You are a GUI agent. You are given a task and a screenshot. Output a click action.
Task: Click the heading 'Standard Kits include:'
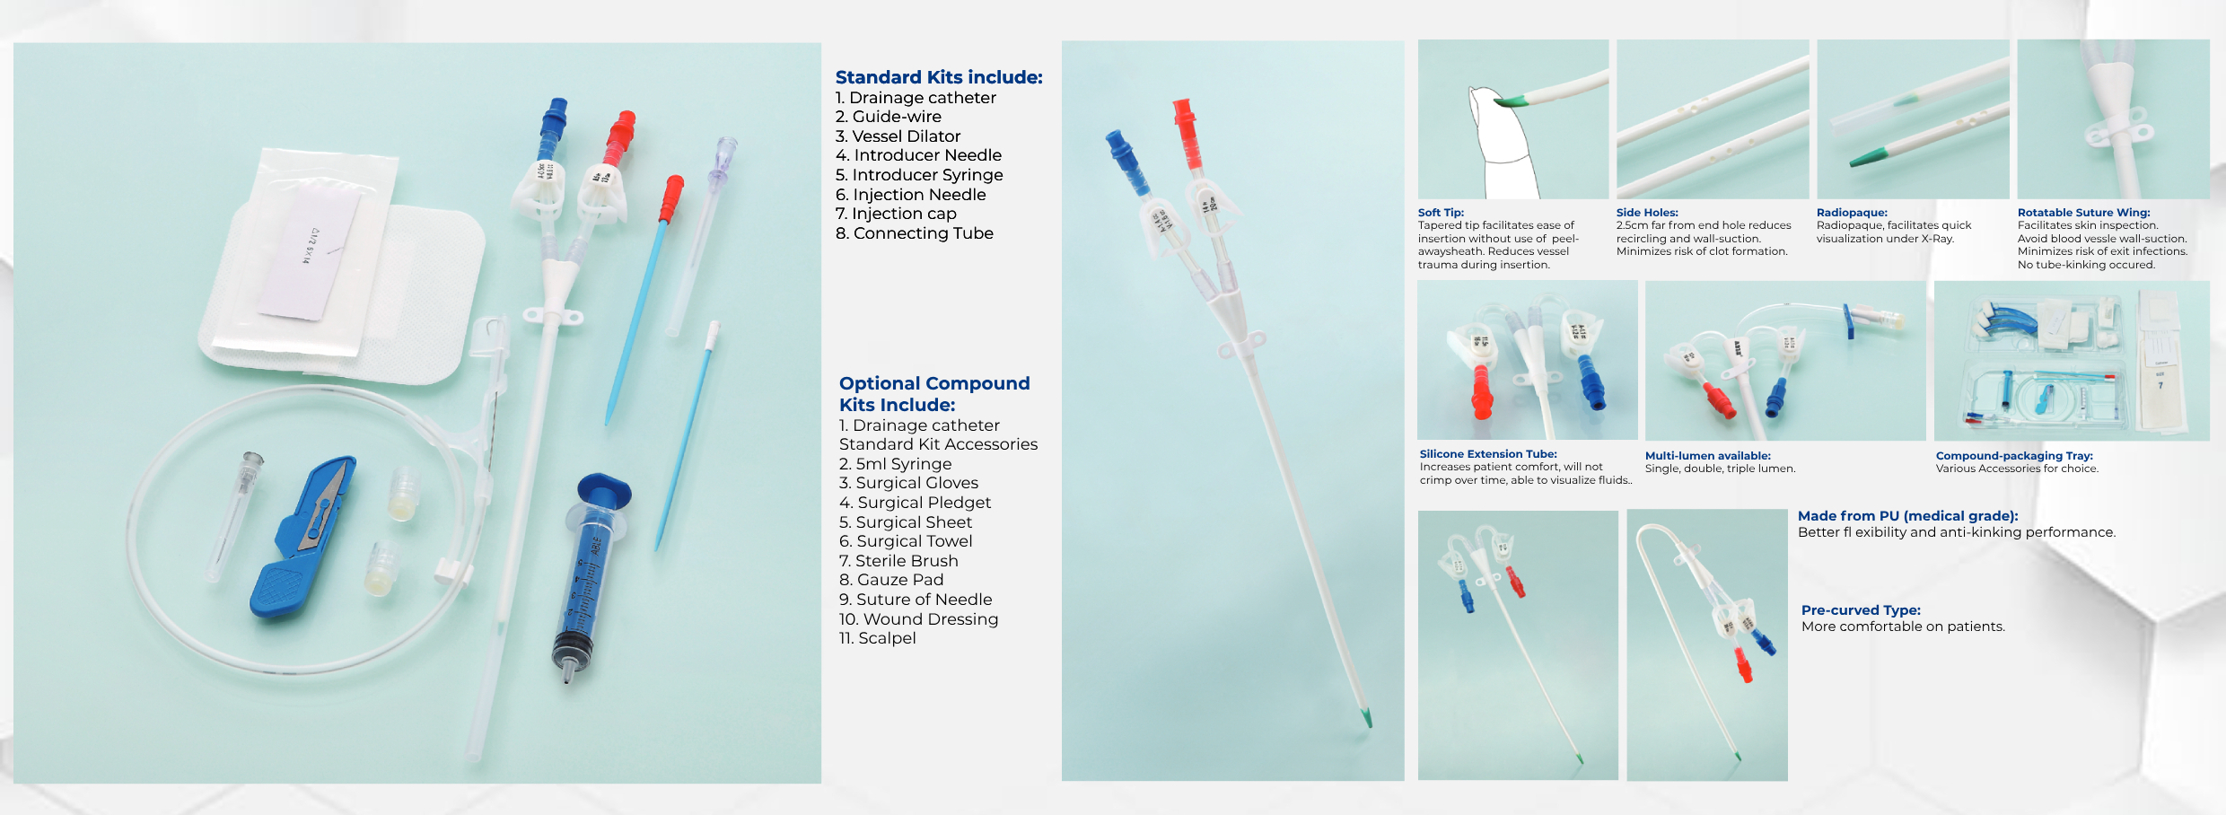(938, 77)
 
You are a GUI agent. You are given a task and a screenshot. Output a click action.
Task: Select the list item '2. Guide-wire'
(888, 117)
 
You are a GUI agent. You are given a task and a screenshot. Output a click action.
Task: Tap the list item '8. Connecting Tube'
(914, 233)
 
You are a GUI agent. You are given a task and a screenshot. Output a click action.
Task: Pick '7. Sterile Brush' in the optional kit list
(898, 561)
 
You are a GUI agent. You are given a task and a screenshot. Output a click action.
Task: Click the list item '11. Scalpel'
(877, 638)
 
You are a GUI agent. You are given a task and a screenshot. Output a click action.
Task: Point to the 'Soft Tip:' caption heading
(1440, 213)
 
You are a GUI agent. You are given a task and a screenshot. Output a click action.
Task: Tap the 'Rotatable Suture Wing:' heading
(2083, 213)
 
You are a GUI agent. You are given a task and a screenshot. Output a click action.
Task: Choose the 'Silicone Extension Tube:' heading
(1487, 454)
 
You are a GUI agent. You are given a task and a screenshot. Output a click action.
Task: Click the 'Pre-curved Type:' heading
(1860, 610)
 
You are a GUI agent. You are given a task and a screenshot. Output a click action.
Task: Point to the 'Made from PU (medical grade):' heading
(1907, 516)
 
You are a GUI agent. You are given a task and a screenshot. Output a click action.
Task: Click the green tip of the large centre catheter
(1366, 717)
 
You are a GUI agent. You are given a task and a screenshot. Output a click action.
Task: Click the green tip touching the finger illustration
(1510, 101)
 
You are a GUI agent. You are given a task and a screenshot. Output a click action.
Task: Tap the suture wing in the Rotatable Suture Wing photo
(2118, 135)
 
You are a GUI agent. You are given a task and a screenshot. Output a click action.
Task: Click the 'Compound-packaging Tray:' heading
(2013, 456)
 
